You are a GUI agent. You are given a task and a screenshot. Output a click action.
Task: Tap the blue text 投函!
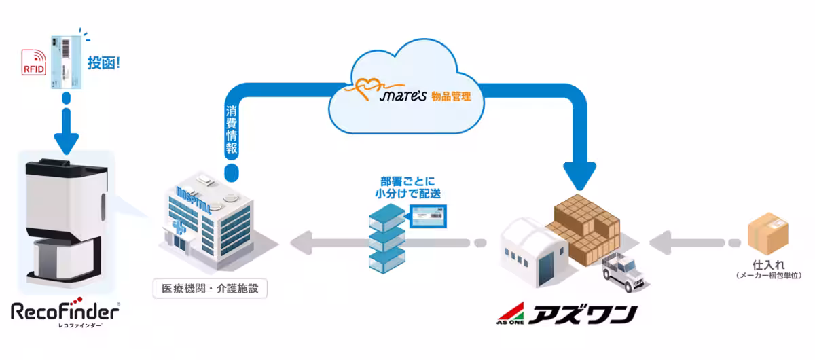point(103,64)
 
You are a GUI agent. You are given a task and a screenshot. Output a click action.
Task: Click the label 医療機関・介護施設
point(210,289)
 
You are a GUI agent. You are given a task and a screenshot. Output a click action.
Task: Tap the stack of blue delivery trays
point(386,240)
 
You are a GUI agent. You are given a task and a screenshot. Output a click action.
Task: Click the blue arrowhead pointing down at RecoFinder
point(66,141)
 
